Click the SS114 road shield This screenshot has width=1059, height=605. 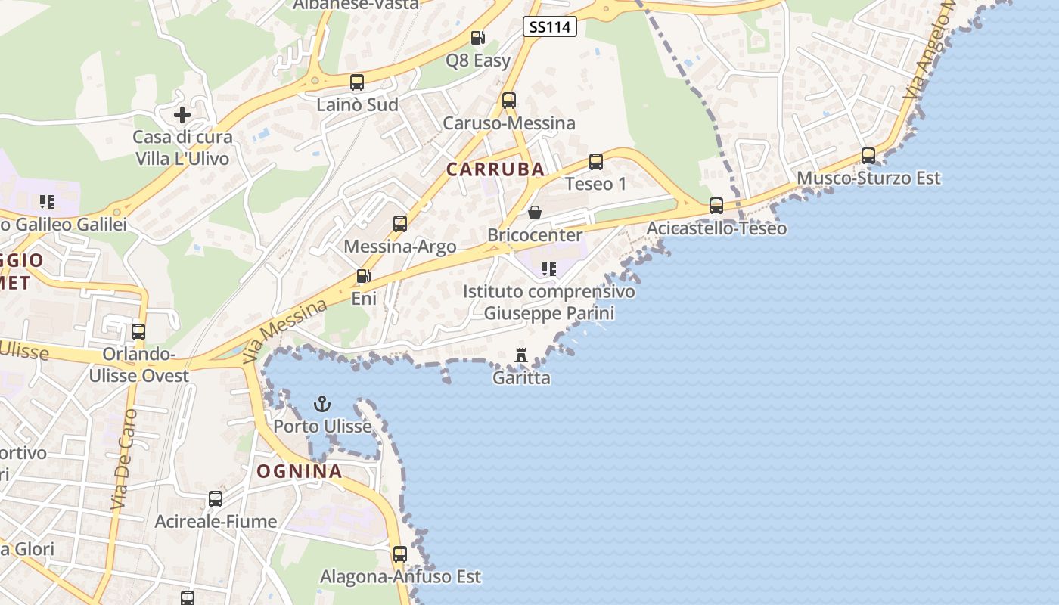(550, 27)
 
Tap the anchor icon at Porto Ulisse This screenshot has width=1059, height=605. (323, 404)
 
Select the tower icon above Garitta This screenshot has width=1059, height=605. (521, 355)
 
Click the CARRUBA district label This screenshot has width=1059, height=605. (495, 169)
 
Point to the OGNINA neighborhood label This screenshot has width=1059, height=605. (300, 471)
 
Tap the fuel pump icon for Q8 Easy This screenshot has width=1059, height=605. (478, 38)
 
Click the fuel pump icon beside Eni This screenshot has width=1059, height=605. (364, 276)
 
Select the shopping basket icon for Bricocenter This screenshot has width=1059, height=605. (535, 213)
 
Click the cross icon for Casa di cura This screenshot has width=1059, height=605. (182, 115)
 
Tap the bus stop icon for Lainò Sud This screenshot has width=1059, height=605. (357, 82)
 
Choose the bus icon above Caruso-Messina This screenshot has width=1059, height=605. (509, 101)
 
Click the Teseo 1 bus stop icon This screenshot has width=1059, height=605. (596, 162)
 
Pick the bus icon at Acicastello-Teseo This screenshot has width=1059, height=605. (716, 206)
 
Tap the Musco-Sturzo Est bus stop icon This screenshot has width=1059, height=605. (868, 156)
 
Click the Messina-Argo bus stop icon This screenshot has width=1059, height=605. (400, 224)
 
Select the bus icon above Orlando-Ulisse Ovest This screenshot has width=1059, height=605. (138, 332)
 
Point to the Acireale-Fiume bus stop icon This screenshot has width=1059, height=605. (216, 499)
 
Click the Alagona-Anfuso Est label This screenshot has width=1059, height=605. (400, 576)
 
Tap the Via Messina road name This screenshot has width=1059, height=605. (286, 330)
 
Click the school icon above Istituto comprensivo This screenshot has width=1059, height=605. (549, 268)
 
